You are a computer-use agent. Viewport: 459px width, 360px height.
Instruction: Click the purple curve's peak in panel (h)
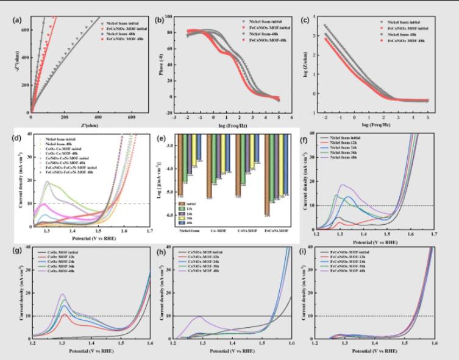[199, 317]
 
